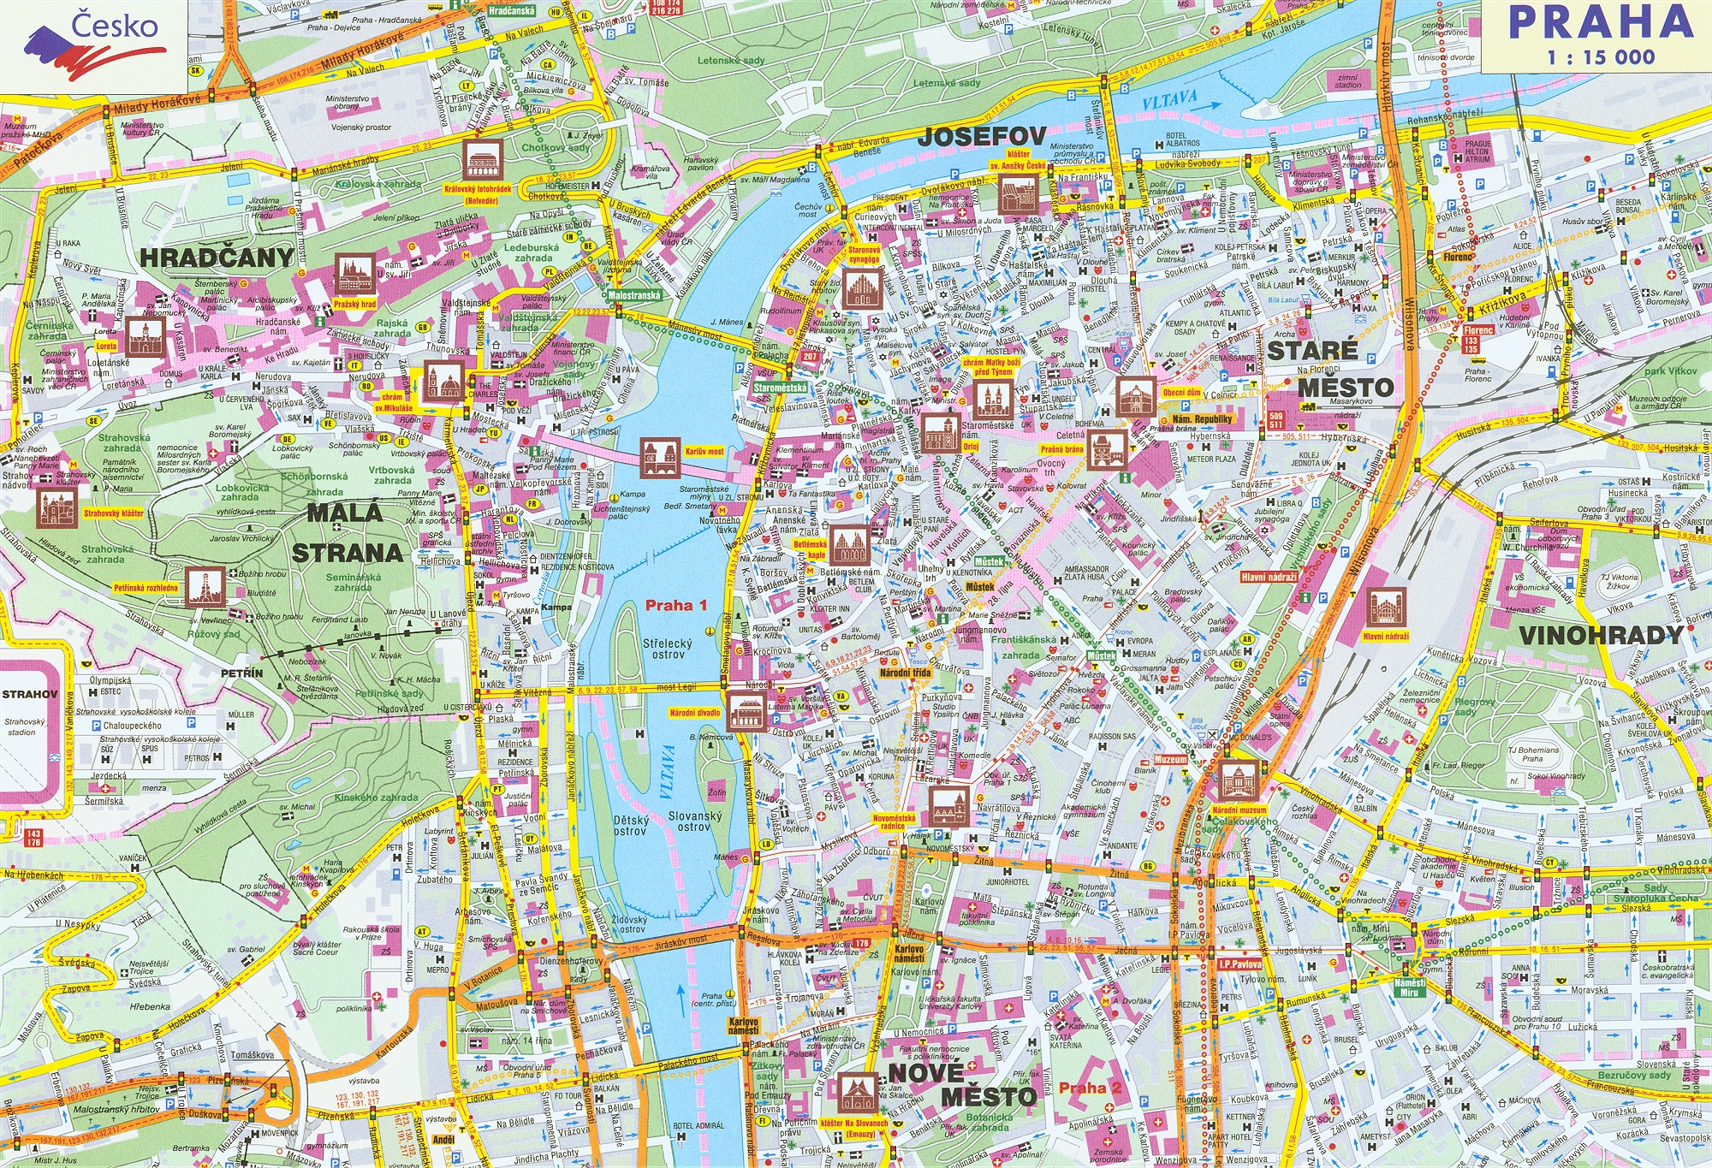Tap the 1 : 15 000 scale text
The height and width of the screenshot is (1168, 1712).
point(1601,58)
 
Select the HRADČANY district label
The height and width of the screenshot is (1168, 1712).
point(217,257)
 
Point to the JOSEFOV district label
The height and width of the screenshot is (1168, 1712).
point(982,136)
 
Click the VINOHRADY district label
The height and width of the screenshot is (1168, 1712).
point(1601,635)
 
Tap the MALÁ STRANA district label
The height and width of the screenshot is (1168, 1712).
point(347,532)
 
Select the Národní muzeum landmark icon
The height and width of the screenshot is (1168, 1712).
point(1238,780)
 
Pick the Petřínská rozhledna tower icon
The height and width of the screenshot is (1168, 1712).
point(204,587)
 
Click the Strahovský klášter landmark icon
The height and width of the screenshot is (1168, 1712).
point(57,507)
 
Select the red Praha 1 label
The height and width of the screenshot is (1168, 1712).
point(676,605)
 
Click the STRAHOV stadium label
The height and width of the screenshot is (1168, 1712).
point(28,694)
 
